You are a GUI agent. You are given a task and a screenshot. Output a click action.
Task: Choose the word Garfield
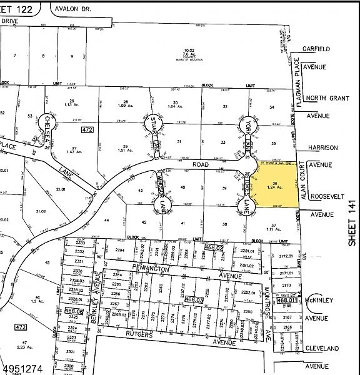316,49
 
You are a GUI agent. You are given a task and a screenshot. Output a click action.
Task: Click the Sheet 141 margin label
352,222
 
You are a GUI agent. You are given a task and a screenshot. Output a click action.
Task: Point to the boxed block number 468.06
74,311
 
